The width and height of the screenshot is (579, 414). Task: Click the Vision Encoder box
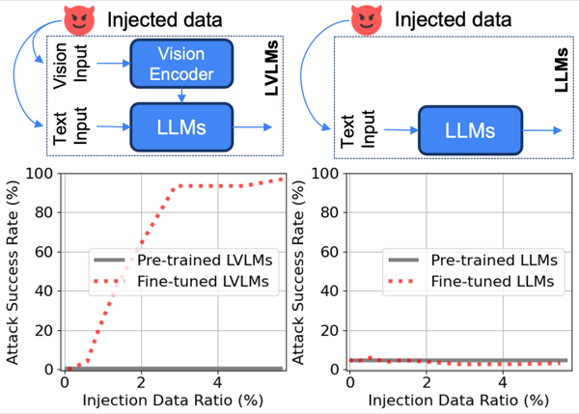[x=181, y=64]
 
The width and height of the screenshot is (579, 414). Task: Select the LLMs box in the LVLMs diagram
[x=181, y=127]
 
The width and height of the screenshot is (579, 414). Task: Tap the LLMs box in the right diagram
[x=470, y=130]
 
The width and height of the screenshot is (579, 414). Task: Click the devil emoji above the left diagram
[x=79, y=20]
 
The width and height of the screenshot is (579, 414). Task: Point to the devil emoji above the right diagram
[x=367, y=20]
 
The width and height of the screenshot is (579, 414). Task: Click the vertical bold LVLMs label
[x=271, y=68]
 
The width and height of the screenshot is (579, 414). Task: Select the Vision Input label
[x=70, y=66]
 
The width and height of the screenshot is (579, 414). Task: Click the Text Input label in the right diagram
[x=357, y=129]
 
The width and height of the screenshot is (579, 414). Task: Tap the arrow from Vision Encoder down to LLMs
[x=181, y=96]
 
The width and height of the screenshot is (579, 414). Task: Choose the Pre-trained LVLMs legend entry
[x=183, y=260]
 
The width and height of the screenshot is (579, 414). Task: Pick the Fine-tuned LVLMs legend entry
[x=181, y=282]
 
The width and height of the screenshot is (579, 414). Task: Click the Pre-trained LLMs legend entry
[x=473, y=260]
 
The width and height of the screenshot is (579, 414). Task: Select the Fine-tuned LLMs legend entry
[x=471, y=282]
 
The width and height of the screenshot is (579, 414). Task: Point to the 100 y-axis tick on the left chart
[x=39, y=173]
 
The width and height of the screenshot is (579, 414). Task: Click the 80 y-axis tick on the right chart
[x=329, y=212]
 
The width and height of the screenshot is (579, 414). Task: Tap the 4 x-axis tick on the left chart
[x=218, y=382]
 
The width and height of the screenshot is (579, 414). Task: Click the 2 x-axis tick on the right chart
[x=427, y=382]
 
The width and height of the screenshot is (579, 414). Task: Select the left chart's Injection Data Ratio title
[x=173, y=400]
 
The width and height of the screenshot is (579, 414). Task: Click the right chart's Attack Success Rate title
[x=298, y=272]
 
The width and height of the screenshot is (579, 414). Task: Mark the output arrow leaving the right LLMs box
[x=542, y=130]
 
